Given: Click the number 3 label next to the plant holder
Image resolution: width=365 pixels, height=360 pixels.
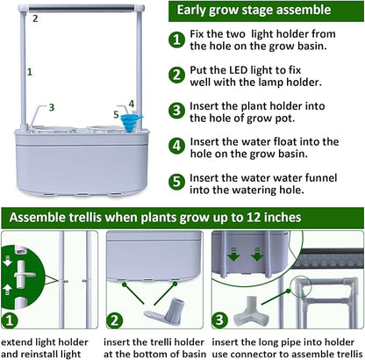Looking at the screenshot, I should [52, 107].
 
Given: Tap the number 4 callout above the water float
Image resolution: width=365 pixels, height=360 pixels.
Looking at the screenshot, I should [132, 104].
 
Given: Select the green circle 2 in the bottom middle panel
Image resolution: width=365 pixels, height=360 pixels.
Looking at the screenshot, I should [117, 320].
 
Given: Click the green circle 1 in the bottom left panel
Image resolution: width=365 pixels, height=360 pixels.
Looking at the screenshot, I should [11, 320].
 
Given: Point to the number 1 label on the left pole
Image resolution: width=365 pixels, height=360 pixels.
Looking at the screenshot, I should [29, 70].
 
